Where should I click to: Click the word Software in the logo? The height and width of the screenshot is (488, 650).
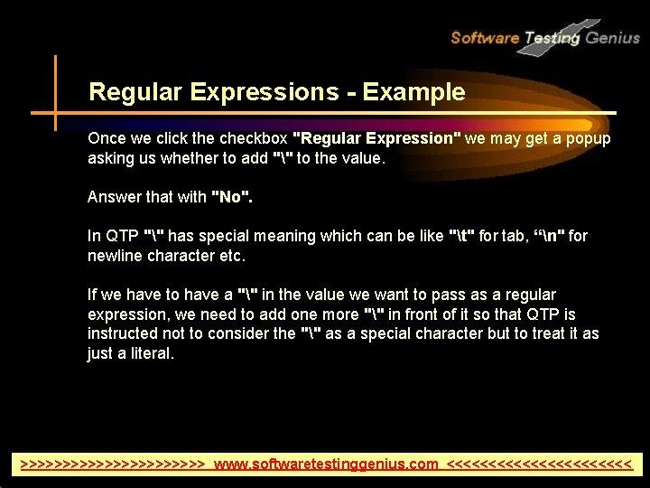(x=485, y=38)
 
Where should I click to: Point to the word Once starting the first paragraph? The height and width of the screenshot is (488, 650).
(x=107, y=139)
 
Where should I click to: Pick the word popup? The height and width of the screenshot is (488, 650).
(x=589, y=139)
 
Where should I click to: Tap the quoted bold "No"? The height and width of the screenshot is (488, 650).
(x=231, y=197)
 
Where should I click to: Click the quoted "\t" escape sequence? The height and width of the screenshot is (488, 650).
(x=461, y=236)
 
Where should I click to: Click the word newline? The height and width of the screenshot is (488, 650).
(x=115, y=256)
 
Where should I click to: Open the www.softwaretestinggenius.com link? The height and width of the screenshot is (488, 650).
(x=326, y=465)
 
